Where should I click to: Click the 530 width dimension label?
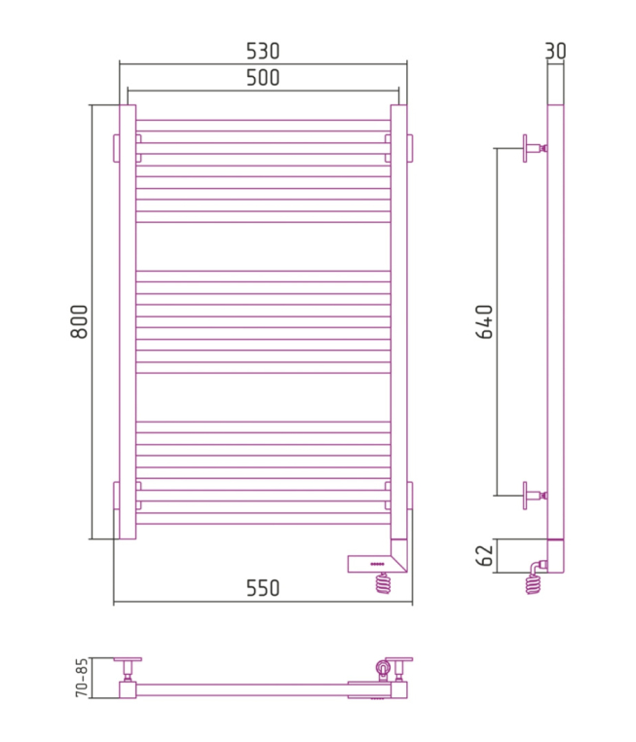click(x=263, y=51)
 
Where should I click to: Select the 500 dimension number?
click(x=263, y=78)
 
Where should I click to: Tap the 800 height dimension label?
click(x=79, y=321)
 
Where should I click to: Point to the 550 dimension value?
click(x=263, y=588)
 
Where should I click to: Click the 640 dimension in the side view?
click(x=484, y=321)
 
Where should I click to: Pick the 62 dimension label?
click(x=484, y=556)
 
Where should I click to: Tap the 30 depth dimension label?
click(x=555, y=51)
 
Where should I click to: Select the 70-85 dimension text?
click(x=82, y=677)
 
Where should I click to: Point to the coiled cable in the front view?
click(x=383, y=583)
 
